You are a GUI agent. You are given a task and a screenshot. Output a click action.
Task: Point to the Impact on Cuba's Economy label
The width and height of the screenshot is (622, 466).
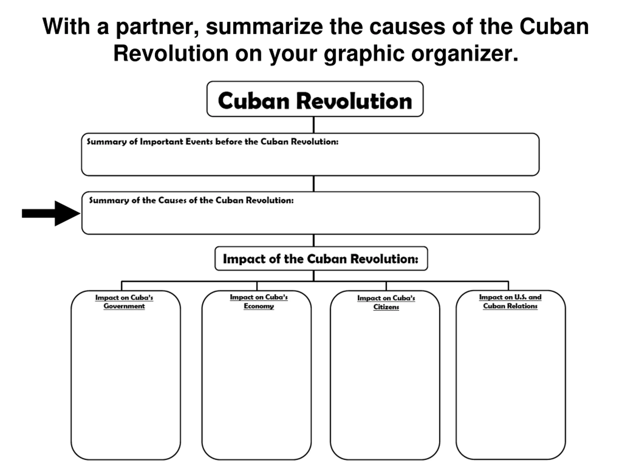coord(259,301)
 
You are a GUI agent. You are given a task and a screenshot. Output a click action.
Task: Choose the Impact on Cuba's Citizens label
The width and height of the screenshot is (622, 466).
coord(386,302)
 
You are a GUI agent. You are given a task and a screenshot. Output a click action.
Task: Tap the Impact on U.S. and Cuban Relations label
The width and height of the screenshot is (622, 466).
coord(510,301)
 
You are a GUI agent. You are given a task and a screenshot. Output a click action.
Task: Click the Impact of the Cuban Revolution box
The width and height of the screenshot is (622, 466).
coord(321,259)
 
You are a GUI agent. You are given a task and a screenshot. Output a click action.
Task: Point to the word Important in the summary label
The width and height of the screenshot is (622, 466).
coord(161,141)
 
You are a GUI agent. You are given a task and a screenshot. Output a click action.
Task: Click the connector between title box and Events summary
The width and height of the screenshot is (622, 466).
coord(313,125)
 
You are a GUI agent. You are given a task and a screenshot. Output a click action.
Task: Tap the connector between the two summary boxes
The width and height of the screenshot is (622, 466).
coord(313,184)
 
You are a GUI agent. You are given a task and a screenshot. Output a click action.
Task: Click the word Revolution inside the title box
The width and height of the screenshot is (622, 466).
coord(354,101)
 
